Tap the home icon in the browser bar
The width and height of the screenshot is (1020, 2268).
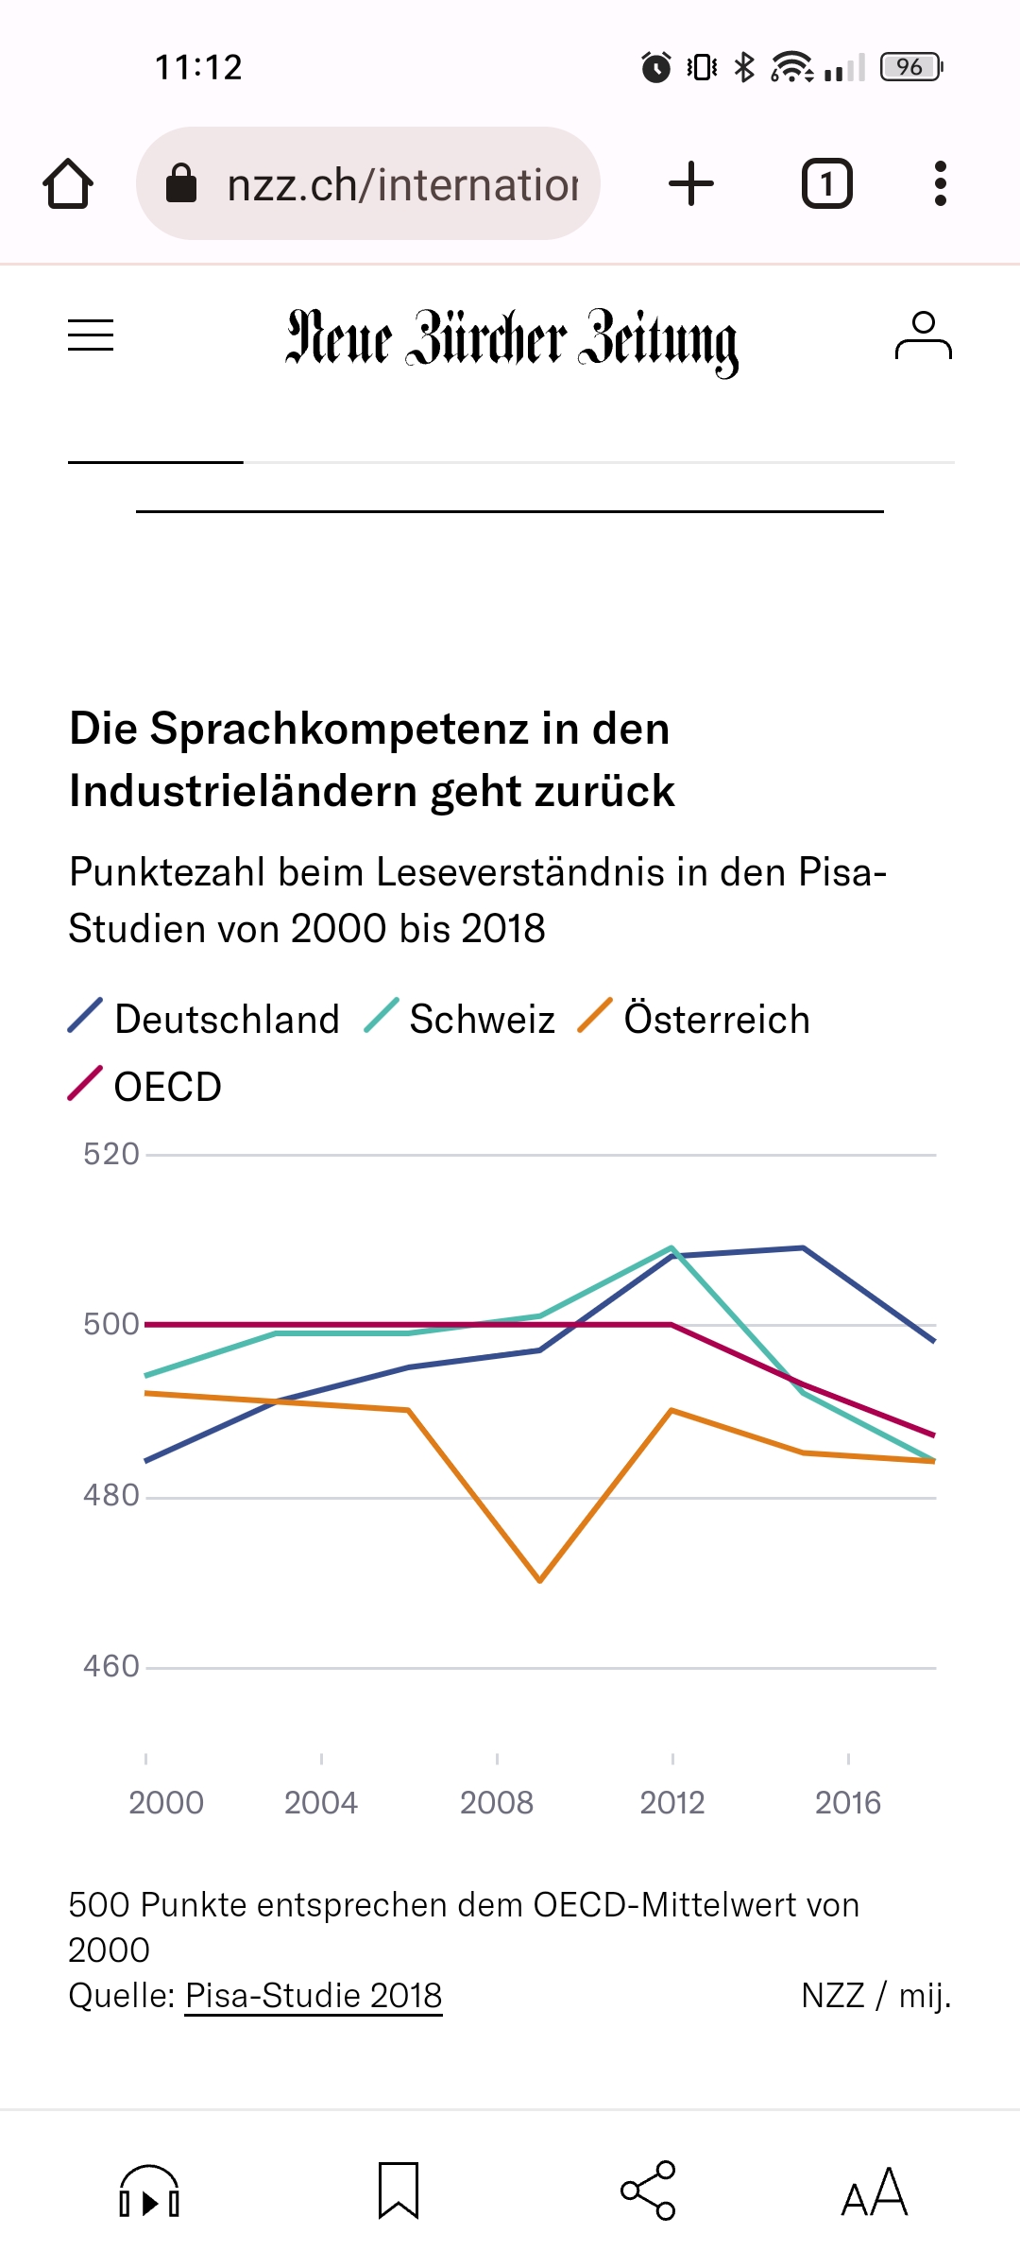[x=68, y=183]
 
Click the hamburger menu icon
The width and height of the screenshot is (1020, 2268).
[x=91, y=335]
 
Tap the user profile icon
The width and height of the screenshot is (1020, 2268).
[x=923, y=336]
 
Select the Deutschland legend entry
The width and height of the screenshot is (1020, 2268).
[x=204, y=1019]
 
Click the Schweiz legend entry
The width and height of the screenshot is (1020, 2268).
[x=460, y=1019]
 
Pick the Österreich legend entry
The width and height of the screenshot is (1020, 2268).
[x=694, y=1019]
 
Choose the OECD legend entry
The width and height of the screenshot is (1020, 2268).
[x=145, y=1087]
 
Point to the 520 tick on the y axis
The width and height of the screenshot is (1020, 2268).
[x=111, y=1154]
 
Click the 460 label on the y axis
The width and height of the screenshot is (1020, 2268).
[x=111, y=1666]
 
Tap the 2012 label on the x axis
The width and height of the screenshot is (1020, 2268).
[x=672, y=1803]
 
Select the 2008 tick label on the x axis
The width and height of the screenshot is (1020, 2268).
[x=497, y=1803]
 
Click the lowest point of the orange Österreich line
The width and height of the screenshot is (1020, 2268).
[x=539, y=1580]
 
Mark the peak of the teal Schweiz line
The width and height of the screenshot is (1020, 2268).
[x=671, y=1248]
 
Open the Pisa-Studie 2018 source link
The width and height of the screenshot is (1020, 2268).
[x=314, y=1996]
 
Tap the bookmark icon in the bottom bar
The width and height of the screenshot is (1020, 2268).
[x=398, y=2191]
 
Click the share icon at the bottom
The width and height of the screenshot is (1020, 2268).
[x=648, y=2191]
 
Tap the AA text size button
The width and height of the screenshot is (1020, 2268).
[x=875, y=2192]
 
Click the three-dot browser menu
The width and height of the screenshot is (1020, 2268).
[x=940, y=183]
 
